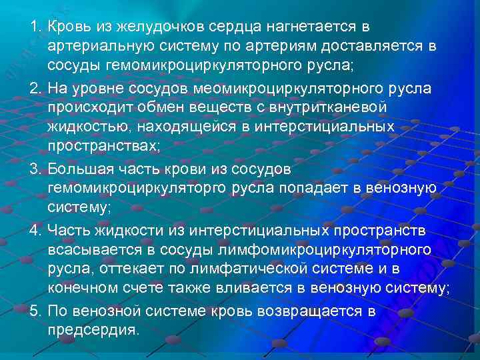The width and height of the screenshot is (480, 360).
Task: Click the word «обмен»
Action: (x=165, y=107)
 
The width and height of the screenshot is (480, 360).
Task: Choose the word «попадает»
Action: (x=323, y=189)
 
